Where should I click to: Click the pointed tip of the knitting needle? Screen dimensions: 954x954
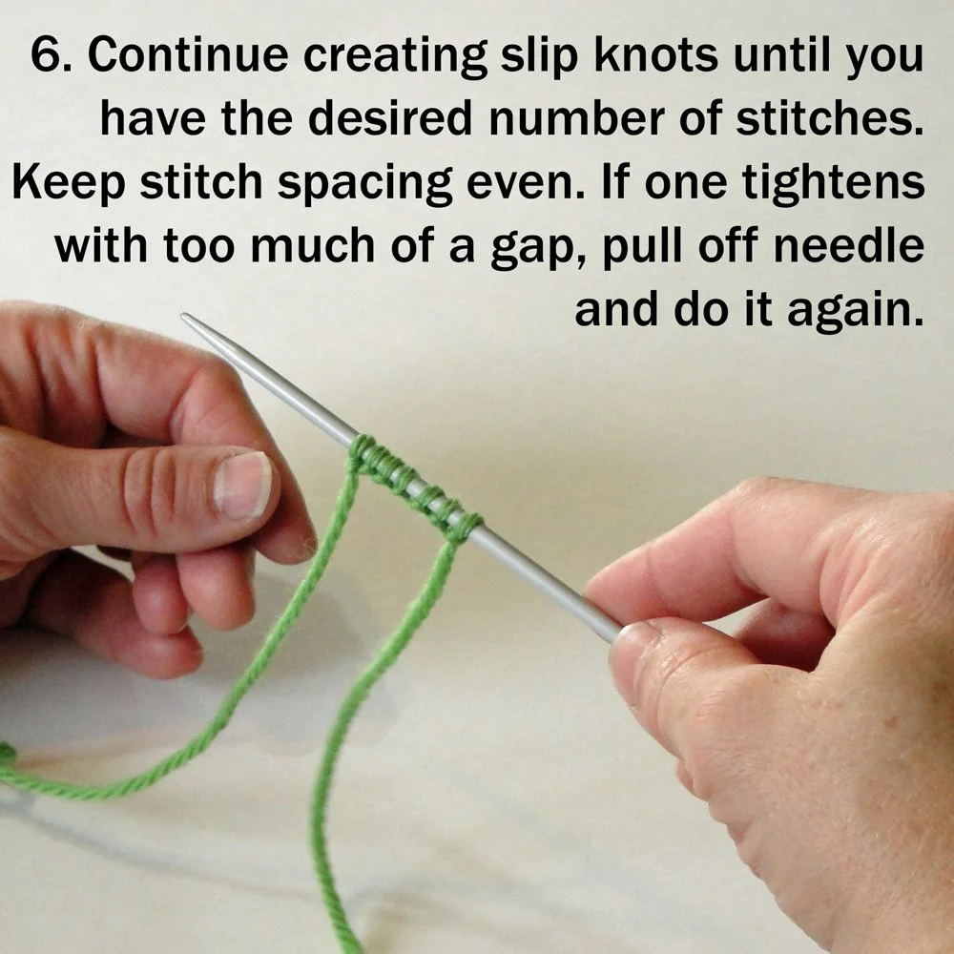point(185,318)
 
